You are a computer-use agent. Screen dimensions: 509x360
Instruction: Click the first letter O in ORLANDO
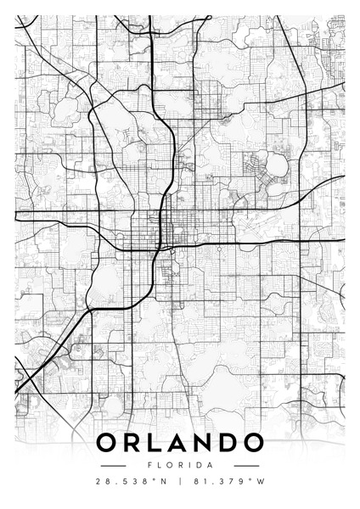click(x=109, y=443)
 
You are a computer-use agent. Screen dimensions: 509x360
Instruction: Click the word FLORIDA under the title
click(x=180, y=465)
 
